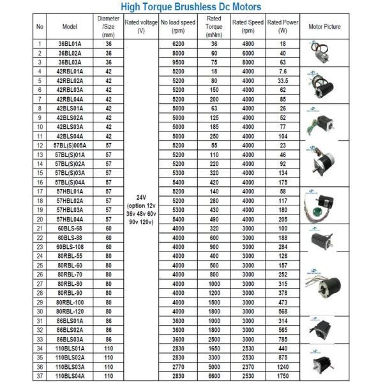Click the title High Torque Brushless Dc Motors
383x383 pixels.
(191, 7)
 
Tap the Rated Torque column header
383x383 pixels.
(214, 27)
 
